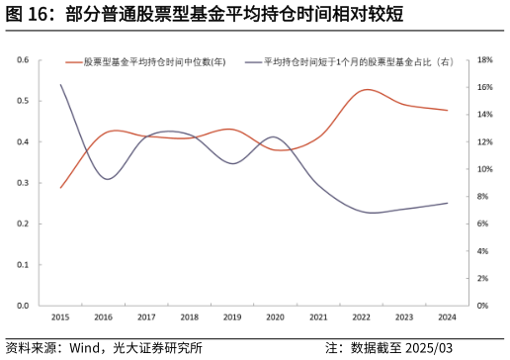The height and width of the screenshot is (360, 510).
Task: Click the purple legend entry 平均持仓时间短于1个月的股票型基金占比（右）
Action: pos(358,62)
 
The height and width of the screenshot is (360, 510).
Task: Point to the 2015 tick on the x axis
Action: pos(60,317)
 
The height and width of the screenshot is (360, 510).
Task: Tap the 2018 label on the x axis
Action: pos(189,317)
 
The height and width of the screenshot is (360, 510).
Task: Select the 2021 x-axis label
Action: pos(318,317)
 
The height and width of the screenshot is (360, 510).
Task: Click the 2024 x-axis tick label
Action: pos(447,317)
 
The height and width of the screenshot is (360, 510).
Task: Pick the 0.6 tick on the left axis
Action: pos(23,59)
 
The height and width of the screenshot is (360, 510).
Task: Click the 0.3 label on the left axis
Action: pos(23,183)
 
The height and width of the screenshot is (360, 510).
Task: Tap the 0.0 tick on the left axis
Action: pos(23,306)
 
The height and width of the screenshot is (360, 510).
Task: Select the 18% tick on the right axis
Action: pos(484,59)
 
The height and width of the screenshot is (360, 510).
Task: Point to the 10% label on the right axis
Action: pos(484,169)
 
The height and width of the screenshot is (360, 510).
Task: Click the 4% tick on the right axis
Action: pos(484,251)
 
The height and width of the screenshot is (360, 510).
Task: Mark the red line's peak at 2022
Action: pos(366,90)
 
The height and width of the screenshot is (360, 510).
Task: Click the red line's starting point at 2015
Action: pos(60,188)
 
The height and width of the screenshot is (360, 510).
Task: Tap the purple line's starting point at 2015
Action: pos(60,84)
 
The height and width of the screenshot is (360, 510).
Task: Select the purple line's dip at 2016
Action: pos(107,179)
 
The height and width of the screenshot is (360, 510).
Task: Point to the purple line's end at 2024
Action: pos(447,203)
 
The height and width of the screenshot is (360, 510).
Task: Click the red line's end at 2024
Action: pos(447,110)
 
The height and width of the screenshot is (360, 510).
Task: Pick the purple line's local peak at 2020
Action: pos(274,137)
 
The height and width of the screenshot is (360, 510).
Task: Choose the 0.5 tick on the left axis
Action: pos(23,101)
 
